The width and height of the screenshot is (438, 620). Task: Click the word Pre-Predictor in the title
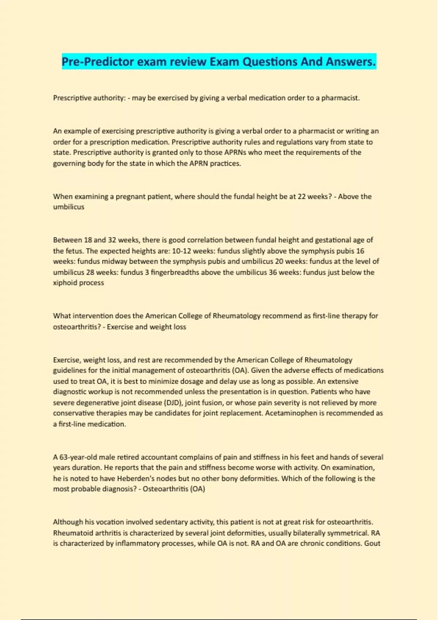pyautogui.click(x=98, y=62)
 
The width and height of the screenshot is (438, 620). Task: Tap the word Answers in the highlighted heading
pyautogui.click(x=350, y=62)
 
